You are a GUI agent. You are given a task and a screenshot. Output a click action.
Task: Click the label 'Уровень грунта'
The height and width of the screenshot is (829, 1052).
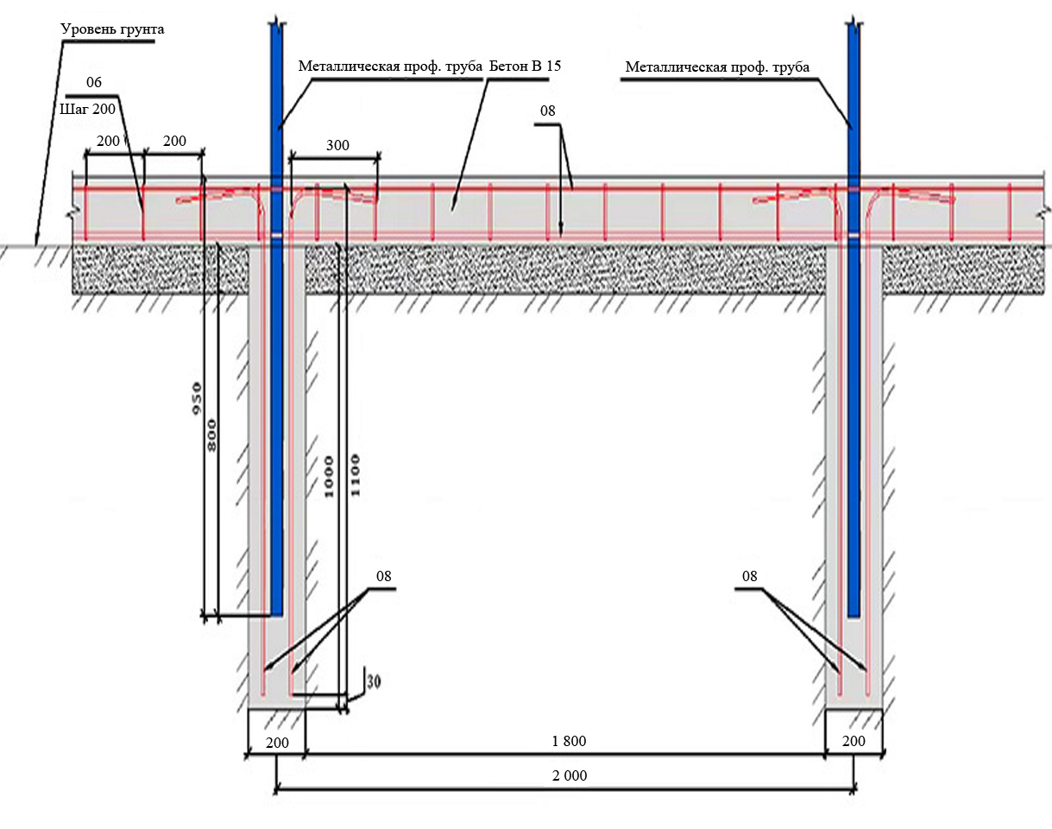(x=112, y=29)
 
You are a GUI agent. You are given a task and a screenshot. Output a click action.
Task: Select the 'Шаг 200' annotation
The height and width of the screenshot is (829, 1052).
(x=88, y=110)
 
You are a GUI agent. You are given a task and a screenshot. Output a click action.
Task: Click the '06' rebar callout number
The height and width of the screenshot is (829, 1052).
(x=95, y=82)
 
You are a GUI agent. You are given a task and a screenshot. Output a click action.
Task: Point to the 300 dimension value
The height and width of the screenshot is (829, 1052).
(x=337, y=145)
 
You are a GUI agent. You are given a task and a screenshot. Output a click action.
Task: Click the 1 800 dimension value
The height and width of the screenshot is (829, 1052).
(x=570, y=742)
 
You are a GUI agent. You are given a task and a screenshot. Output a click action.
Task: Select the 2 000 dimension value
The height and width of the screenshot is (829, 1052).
(x=570, y=775)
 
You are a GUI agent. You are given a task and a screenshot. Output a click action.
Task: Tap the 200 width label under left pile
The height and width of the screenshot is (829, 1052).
(x=276, y=742)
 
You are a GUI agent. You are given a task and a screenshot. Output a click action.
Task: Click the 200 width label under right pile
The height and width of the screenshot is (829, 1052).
(x=853, y=742)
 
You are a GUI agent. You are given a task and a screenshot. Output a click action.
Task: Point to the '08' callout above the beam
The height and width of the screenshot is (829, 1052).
(x=548, y=111)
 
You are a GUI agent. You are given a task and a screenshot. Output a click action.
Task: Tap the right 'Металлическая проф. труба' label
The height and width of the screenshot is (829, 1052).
(x=717, y=66)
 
